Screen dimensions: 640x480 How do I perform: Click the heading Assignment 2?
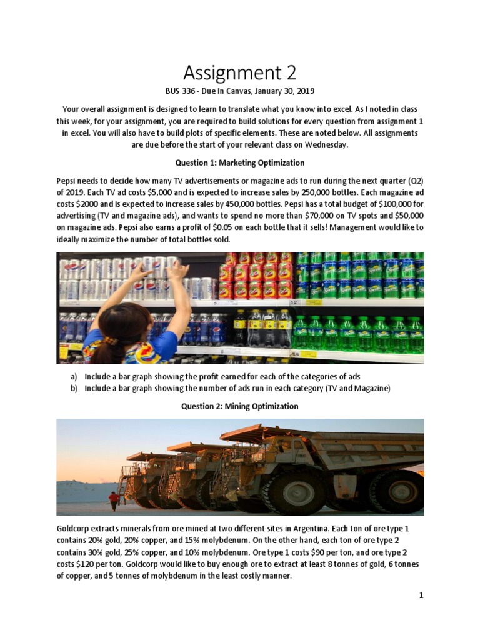click(239, 73)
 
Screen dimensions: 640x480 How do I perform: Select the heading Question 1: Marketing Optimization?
click(239, 162)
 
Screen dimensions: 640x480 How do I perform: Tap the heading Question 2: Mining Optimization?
click(239, 406)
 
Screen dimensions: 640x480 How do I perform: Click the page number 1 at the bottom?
click(421, 596)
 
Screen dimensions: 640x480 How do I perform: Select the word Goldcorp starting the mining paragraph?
click(74, 529)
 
